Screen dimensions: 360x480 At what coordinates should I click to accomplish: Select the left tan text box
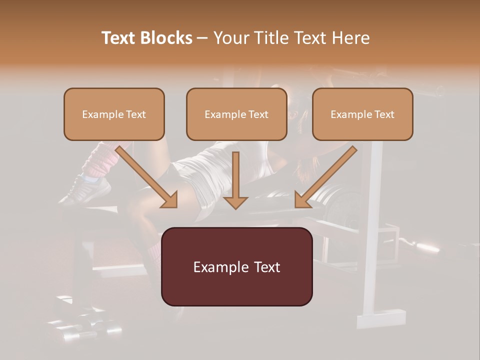[x=114, y=114]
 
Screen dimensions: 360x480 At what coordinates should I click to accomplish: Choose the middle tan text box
[x=236, y=114]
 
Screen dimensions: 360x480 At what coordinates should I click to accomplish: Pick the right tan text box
[x=362, y=114]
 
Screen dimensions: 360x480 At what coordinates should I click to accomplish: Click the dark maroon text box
[x=236, y=266]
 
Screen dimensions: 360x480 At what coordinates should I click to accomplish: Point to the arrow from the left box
[x=147, y=177]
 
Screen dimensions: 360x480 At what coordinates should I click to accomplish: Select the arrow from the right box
[x=325, y=177]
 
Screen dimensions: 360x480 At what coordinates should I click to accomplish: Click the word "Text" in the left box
[x=136, y=114]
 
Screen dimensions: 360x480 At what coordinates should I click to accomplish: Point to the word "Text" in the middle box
[x=258, y=114]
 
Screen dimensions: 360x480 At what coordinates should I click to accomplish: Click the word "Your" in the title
[x=229, y=38]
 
